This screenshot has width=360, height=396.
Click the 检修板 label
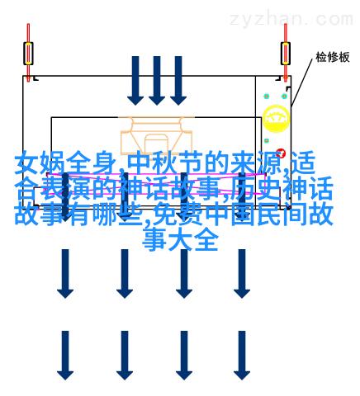coord(333,57)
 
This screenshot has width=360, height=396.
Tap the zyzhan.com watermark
coord(291,19)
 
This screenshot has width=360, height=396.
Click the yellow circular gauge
coord(276,119)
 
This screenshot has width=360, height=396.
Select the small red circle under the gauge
coord(281,153)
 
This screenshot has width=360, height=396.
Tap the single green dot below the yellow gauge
coord(267,140)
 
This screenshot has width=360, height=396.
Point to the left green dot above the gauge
coord(266,97)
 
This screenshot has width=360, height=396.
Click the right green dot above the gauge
coord(284,97)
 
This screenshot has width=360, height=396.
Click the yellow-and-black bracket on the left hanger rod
coord(28,54)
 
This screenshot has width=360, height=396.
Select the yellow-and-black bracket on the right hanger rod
coord(286,54)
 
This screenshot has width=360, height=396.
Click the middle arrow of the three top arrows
coord(157,81)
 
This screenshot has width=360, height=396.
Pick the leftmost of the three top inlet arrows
coord(135,81)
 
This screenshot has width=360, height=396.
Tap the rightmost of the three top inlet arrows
coord(178,81)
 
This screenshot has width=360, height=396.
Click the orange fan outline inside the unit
coord(157,137)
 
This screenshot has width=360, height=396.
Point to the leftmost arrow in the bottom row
coord(65,356)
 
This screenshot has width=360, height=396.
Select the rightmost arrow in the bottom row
coord(242,356)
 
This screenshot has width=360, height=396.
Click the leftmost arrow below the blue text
coord(65,274)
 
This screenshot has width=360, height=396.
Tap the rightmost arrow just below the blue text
coord(242,274)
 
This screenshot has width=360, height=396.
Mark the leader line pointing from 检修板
coord(301,82)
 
